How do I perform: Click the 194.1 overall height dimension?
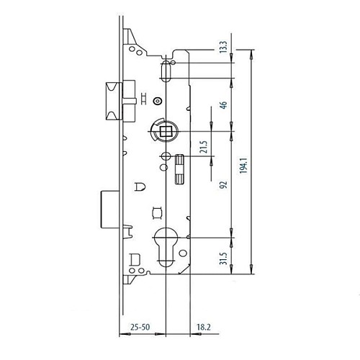point(243,166)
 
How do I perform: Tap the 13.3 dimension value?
point(223,47)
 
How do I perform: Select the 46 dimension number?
point(223,105)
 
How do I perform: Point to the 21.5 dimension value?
point(203,147)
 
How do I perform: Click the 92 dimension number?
point(223,184)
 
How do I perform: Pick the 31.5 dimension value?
point(223,258)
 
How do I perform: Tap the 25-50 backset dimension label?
point(140,327)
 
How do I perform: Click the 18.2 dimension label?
point(204,327)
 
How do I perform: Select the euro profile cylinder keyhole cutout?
point(166,247)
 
